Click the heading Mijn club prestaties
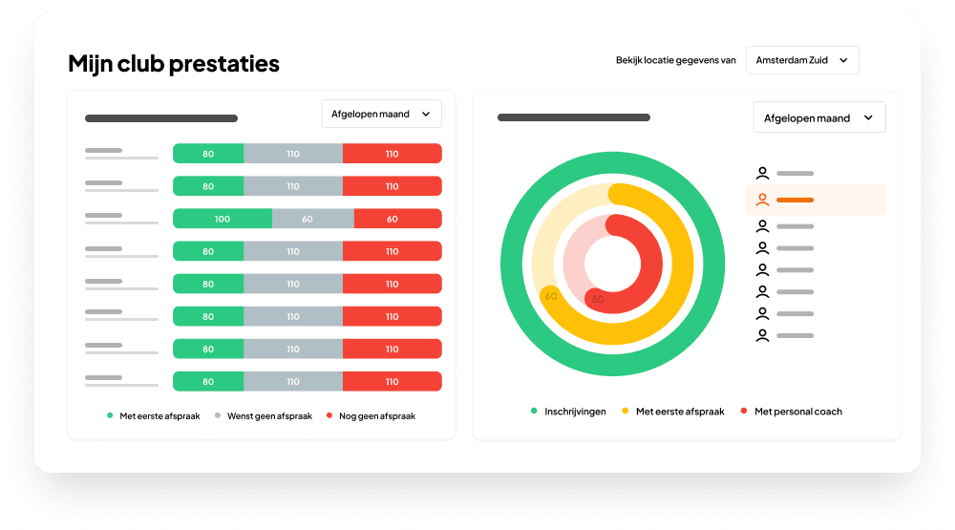coord(174,64)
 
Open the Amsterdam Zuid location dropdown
coord(802,60)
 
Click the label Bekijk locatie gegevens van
coord(676,60)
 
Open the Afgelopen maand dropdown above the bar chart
coord(381,114)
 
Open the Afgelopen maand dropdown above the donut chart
coord(818,117)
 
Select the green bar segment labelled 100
coord(223,219)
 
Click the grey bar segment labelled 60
coord(308,219)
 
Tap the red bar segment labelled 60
coord(393,219)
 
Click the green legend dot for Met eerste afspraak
coord(110,416)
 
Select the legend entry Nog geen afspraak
coord(372,416)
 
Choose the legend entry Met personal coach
coord(797,412)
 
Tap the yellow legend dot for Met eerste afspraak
coord(626,412)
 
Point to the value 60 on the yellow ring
coord(551,296)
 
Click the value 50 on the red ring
coord(598,299)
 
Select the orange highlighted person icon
coord(762,200)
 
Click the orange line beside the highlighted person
coord(795,200)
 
